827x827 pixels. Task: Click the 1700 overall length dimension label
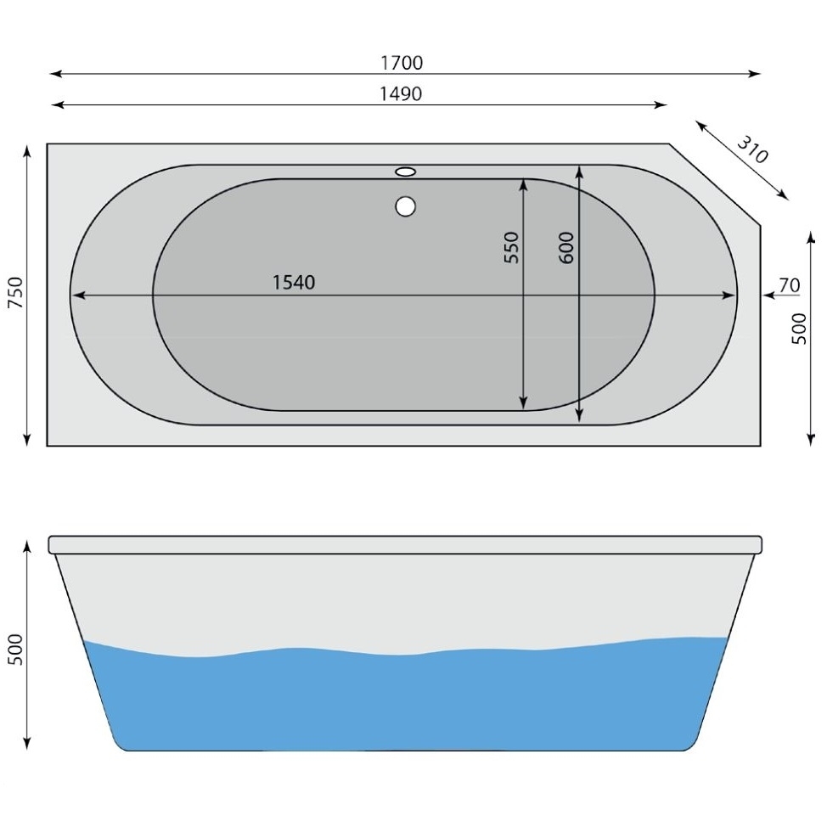point(402,63)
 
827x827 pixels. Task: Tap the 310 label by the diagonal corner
point(751,150)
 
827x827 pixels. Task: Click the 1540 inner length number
point(294,283)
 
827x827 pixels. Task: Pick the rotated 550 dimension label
point(511,247)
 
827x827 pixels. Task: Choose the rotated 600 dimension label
point(567,247)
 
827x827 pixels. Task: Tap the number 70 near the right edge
point(789,286)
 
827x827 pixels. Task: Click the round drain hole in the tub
point(406,205)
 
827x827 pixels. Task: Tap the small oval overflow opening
point(406,172)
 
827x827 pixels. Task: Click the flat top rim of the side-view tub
point(405,544)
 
